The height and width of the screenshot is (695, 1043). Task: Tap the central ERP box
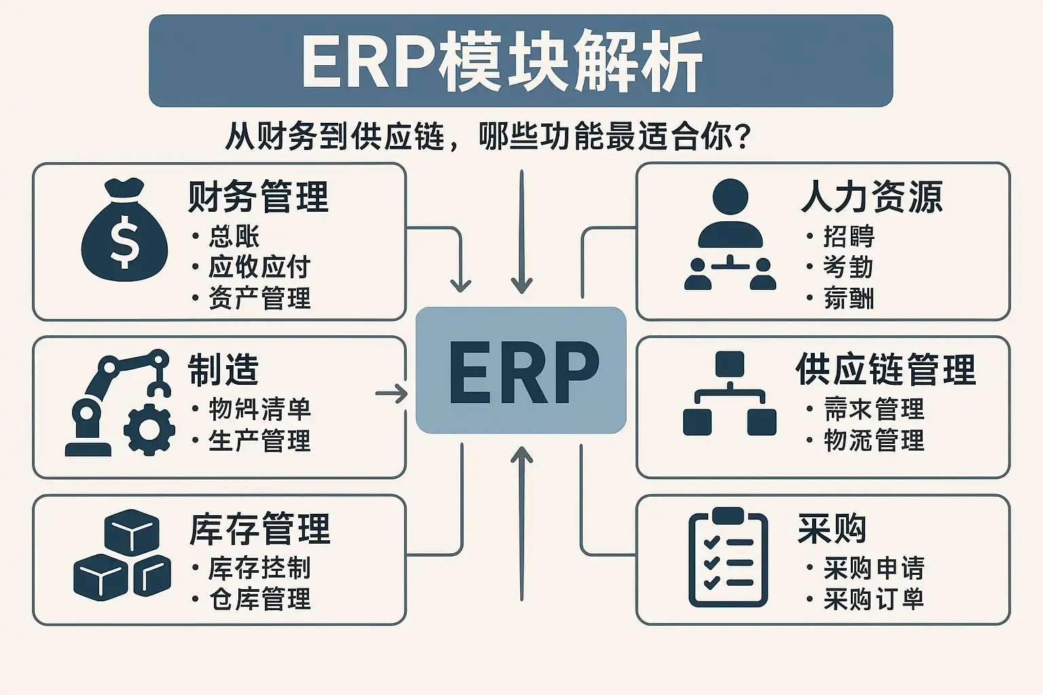point(521,371)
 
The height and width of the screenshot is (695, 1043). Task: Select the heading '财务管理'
point(259,197)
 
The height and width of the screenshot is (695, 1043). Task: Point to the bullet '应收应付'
point(259,267)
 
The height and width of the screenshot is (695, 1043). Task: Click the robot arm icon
point(115,400)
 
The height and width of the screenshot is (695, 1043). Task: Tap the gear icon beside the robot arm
point(149,429)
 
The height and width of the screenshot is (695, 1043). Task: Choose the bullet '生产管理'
point(259,441)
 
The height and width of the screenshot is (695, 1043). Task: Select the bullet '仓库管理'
point(259,599)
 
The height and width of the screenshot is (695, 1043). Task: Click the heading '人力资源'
point(872,197)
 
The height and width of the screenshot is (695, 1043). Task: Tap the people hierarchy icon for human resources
point(730,235)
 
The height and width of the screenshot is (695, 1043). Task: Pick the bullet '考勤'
point(848,267)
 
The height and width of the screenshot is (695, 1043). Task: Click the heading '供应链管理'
point(885,371)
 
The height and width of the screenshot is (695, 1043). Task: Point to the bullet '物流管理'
point(874,441)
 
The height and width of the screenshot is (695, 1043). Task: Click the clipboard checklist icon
point(728,558)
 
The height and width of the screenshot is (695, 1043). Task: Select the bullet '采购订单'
point(874,599)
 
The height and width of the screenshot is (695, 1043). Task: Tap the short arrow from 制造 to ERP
point(391,394)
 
